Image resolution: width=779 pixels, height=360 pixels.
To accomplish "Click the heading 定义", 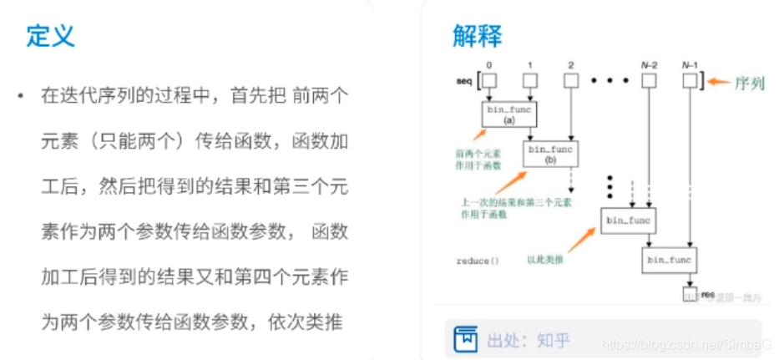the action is (x=51, y=35).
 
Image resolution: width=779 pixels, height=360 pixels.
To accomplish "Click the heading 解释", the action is (x=478, y=35).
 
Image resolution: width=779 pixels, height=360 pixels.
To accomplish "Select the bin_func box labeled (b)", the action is (x=550, y=153).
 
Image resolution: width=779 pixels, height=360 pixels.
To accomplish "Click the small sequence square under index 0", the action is (x=489, y=81).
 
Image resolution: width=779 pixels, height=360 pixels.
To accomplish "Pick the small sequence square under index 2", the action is (x=570, y=81).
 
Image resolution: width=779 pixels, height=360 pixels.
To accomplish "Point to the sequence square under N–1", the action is (x=690, y=81).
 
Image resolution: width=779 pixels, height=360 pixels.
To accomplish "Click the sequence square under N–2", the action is (x=648, y=81).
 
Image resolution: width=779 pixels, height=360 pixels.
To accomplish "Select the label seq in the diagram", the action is (x=464, y=81).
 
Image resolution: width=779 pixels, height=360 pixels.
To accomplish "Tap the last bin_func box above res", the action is (x=666, y=261).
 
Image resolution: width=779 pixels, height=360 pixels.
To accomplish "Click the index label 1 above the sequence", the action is (x=529, y=65).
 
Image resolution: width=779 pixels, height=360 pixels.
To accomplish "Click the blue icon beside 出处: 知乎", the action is (x=464, y=340).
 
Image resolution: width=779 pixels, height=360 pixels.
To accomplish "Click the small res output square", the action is (x=690, y=295).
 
